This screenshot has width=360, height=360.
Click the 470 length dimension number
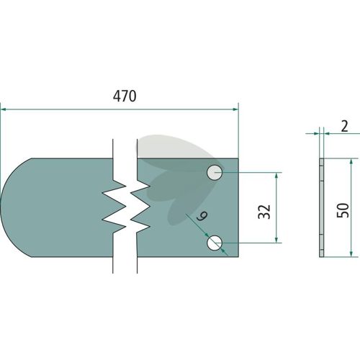tap(125, 96)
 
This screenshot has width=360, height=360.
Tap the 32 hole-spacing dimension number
tap(264, 212)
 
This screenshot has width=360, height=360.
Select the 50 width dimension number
tap(343, 210)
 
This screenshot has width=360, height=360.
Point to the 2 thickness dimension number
tap(344, 127)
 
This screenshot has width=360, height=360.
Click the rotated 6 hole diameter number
tap(202, 216)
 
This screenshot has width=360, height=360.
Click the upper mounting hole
tap(215, 173)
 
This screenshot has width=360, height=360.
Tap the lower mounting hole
tap(215, 243)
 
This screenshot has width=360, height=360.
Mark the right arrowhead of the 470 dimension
tap(235, 109)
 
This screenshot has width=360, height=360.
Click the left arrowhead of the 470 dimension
tap(4, 109)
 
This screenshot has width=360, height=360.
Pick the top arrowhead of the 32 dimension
tap(276, 176)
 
